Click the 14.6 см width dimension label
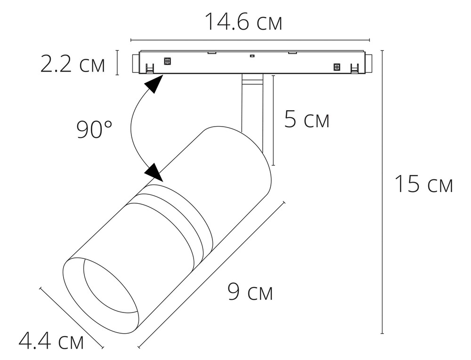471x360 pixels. [244, 22]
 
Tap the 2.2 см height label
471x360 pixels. [73, 64]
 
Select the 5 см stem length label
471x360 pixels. [307, 120]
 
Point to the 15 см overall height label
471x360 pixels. [423, 184]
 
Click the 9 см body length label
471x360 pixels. [250, 292]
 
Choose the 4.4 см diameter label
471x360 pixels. [51, 341]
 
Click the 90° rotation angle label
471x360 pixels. [94, 129]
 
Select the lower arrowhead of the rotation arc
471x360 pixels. [154, 173]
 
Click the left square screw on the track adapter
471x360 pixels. [167, 61]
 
